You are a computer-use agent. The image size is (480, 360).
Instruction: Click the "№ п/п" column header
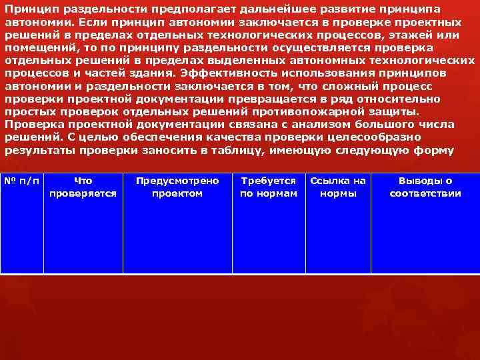pos(22,181)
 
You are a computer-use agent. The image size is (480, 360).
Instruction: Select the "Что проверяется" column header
pos(83,187)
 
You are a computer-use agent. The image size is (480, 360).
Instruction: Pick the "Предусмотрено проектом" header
pos(177,187)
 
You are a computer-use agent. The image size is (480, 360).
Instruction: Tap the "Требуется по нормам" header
pos(269,187)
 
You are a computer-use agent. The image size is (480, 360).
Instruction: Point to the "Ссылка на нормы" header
pos(339,187)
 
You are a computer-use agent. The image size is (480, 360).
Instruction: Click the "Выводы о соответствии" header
pos(425,187)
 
